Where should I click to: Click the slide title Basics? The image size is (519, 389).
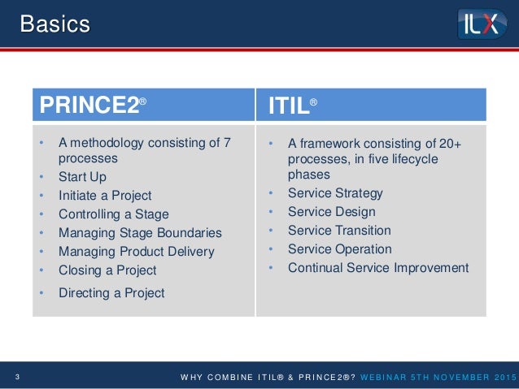[x=55, y=24]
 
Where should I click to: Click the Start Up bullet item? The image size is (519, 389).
[x=82, y=176]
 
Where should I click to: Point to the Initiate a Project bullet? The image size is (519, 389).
[x=105, y=195]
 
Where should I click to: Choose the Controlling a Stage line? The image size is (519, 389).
[x=113, y=214]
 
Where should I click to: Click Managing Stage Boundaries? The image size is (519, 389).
[x=139, y=233]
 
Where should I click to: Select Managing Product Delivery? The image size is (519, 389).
[x=136, y=252]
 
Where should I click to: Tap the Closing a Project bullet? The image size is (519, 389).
[x=107, y=270]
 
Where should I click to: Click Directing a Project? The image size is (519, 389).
[x=111, y=292]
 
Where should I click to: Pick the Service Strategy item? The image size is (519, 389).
[x=335, y=193]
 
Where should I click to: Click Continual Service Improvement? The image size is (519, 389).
[x=378, y=268]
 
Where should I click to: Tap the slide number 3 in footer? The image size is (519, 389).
[x=17, y=375]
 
